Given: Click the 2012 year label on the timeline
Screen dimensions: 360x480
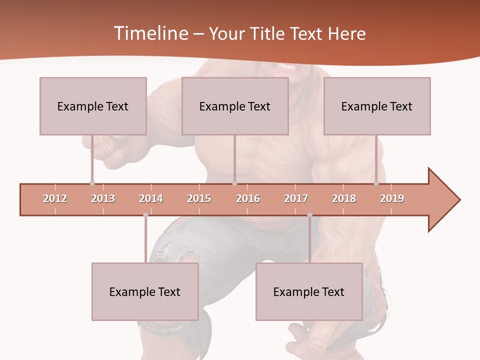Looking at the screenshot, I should click(x=55, y=198).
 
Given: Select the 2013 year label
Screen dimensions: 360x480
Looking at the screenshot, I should click(x=103, y=198).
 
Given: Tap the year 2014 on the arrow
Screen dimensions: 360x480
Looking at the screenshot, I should click(x=151, y=198).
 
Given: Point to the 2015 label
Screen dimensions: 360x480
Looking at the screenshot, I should click(x=199, y=198).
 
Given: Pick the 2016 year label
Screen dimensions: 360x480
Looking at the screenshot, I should click(x=248, y=198).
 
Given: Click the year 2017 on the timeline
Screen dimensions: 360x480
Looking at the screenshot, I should click(x=296, y=198).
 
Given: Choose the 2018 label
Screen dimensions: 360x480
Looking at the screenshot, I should click(x=344, y=198).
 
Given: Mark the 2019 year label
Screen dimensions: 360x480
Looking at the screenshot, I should click(x=392, y=198).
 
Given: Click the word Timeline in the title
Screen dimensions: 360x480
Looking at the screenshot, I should click(x=150, y=33).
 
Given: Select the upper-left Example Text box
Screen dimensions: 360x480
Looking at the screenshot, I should click(x=93, y=106).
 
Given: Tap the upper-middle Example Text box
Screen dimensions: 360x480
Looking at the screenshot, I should click(x=235, y=106).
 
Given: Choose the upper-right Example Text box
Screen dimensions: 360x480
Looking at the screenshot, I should click(x=377, y=106).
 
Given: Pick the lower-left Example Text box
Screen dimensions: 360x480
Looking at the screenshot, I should click(x=145, y=291).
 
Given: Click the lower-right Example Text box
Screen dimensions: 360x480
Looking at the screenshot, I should click(x=309, y=291).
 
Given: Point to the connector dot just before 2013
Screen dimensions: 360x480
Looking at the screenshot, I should click(x=92, y=183).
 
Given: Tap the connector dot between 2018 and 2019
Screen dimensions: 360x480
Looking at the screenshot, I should click(x=376, y=183).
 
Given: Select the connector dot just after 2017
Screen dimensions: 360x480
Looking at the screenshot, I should click(x=309, y=215).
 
